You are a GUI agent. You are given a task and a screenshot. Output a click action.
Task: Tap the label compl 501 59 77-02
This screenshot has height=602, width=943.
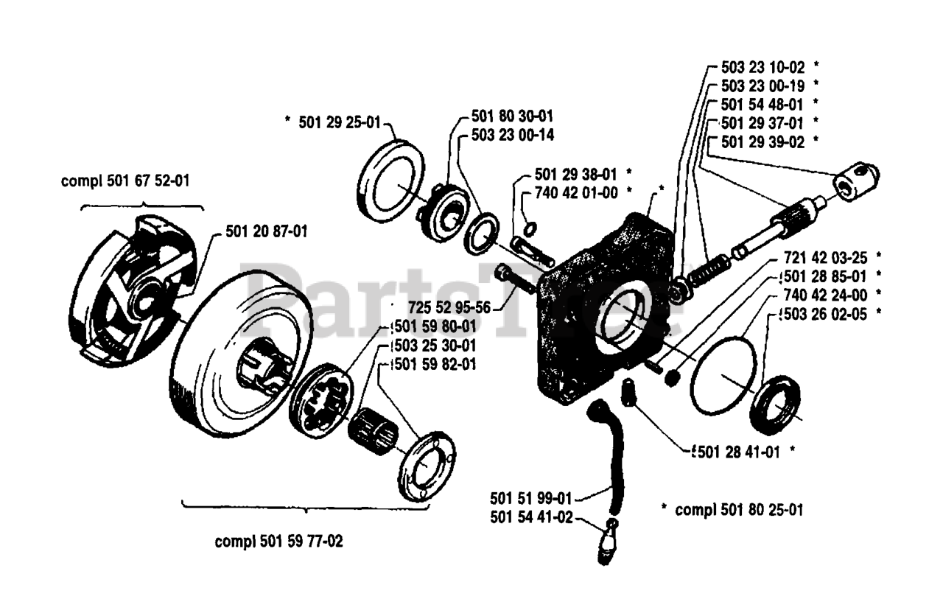point(278,542)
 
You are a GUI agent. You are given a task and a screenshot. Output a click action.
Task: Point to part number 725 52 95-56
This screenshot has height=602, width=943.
point(449,306)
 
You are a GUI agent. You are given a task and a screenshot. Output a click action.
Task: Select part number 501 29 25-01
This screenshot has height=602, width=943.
point(339,123)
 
